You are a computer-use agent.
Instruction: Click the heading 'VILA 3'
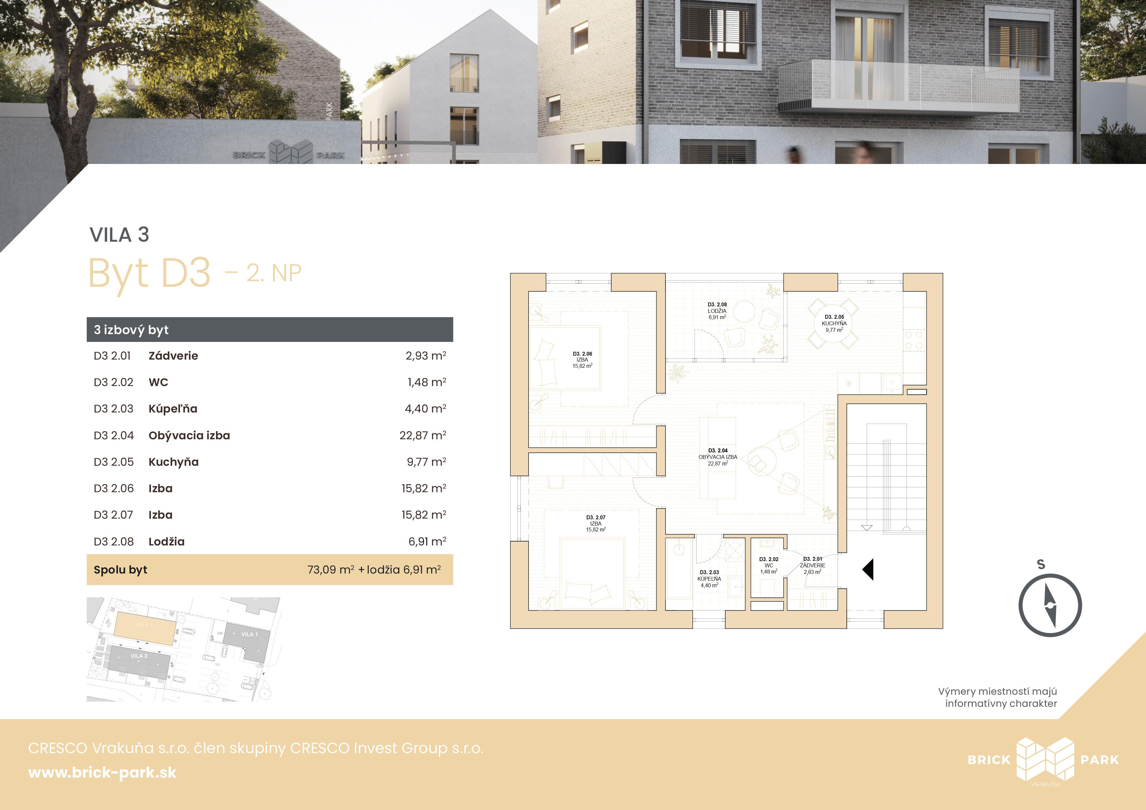119,235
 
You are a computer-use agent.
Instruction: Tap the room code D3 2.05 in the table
114,462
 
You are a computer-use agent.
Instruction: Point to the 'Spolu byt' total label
120,570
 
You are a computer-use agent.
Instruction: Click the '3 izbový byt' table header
131,330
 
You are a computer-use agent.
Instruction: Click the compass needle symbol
1050,606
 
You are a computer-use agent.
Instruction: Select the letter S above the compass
1041,564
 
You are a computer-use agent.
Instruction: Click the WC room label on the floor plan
769,565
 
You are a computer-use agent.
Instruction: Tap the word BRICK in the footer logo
989,760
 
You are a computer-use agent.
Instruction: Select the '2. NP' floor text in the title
274,273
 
